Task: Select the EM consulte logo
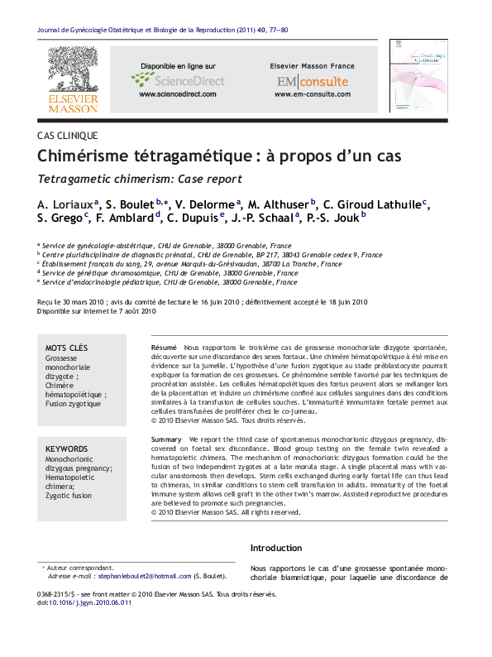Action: tap(312, 81)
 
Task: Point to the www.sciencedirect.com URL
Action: tap(176, 94)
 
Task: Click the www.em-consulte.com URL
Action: tap(312, 94)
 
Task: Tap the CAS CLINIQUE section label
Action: tap(67, 135)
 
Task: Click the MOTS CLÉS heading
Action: tap(67, 348)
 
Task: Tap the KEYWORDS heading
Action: tap(67, 447)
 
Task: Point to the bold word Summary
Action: tap(166, 439)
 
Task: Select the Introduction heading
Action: tap(276, 548)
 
